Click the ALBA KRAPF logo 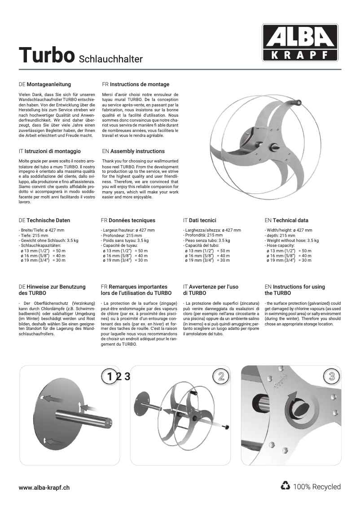click(x=300, y=43)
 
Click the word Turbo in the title click(x=46, y=56)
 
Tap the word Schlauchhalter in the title click(x=110, y=59)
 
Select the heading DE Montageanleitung click(x=45, y=84)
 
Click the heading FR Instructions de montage click(x=136, y=84)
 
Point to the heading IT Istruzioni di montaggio click(x=49, y=151)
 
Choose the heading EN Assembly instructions click(x=133, y=151)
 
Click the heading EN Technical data click(x=286, y=220)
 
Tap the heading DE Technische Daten click(x=44, y=220)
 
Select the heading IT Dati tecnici click(x=199, y=220)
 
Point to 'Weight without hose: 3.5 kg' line click(x=292, y=241)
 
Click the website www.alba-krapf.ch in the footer click(x=44, y=487)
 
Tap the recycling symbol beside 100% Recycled click(x=285, y=486)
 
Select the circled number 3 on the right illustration click(x=332, y=376)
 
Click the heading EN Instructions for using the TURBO click(x=294, y=290)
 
